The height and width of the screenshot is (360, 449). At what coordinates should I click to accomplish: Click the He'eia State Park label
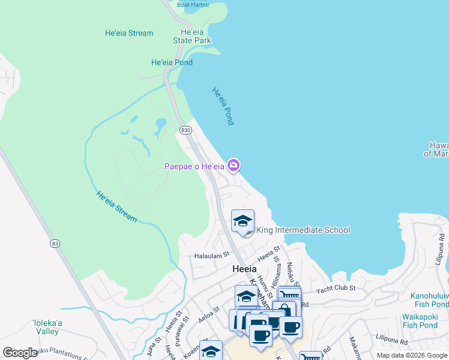(x=191, y=36)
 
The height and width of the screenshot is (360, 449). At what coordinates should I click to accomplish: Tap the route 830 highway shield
(x=185, y=130)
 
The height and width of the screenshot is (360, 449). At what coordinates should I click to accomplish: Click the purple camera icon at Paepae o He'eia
(x=234, y=165)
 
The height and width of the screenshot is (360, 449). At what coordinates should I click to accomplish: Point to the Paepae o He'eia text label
(x=194, y=166)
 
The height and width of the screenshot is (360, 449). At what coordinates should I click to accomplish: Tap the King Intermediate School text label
(x=303, y=230)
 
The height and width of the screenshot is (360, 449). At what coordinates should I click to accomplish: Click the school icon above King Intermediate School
(x=243, y=221)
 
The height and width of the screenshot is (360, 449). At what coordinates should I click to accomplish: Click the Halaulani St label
(x=212, y=256)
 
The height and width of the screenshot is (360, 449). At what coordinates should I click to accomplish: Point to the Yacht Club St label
(x=336, y=288)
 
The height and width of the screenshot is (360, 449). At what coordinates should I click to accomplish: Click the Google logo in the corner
(x=20, y=353)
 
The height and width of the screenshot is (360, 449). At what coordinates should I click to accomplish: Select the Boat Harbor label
(x=193, y=5)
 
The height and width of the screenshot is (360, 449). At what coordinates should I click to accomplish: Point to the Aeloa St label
(x=206, y=314)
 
